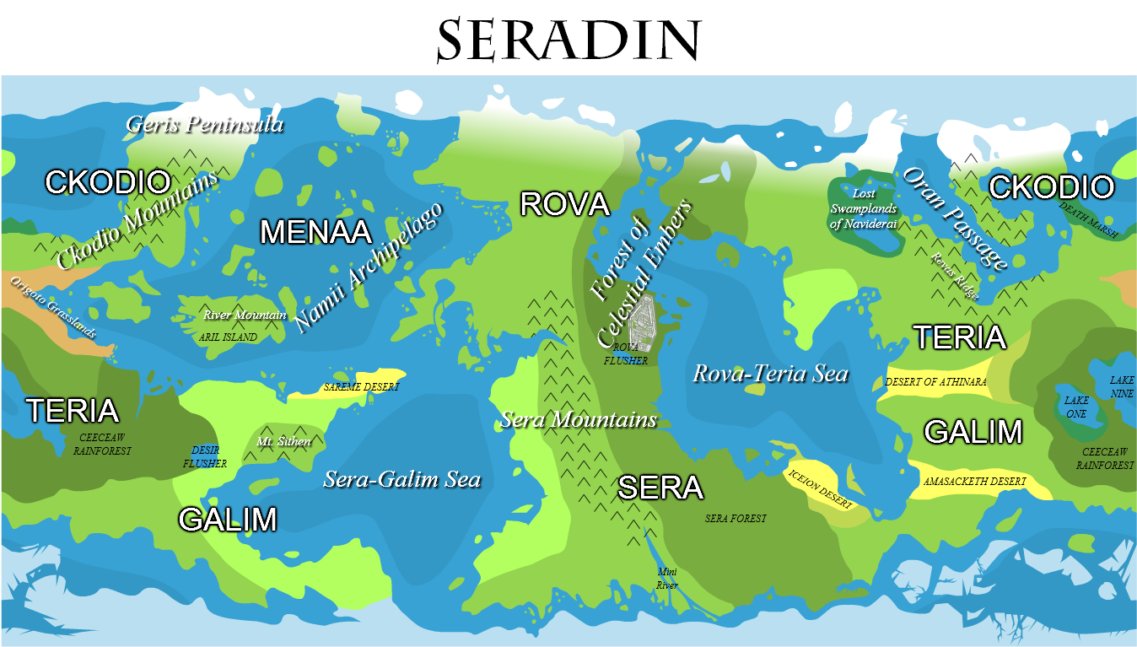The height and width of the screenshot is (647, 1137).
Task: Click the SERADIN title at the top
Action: [x=568, y=39]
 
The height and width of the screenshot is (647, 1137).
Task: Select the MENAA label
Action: [x=315, y=231]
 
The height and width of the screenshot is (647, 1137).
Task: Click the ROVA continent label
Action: [x=563, y=203]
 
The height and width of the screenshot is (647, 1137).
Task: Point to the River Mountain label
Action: [x=245, y=315]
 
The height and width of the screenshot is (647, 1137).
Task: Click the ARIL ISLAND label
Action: [x=228, y=337]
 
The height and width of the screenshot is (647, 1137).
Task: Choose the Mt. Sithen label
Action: [x=283, y=441]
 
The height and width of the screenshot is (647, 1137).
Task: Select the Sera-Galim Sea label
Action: [x=401, y=480]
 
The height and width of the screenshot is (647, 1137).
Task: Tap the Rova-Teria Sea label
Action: [x=770, y=373]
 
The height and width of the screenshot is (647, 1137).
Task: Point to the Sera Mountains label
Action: [x=578, y=419]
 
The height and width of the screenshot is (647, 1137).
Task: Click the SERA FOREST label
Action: [x=736, y=518]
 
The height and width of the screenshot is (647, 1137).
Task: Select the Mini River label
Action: [x=667, y=579]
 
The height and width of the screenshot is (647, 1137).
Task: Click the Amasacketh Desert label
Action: [x=974, y=481]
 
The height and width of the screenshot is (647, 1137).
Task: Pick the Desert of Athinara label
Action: [x=935, y=382]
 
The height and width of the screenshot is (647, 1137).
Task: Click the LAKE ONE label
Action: [x=1076, y=407]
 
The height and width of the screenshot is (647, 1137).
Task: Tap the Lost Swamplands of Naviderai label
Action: [x=862, y=209]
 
